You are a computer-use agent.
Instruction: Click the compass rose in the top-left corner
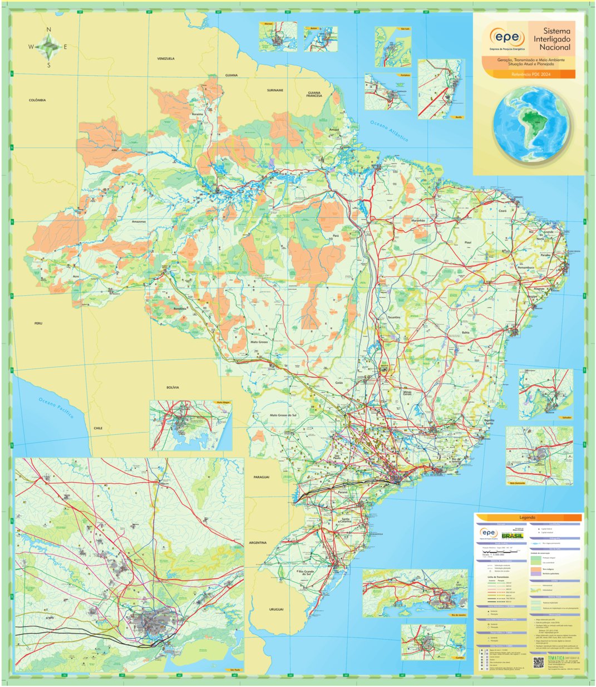48,47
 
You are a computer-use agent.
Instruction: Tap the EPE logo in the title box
507,38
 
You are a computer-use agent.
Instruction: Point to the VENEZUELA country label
166,58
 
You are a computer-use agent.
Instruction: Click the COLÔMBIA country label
37,100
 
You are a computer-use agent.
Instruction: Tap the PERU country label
38,323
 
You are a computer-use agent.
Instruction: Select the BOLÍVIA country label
172,387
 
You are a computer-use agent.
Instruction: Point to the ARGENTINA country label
258,542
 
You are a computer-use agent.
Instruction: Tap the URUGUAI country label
276,610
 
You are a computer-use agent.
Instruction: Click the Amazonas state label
139,222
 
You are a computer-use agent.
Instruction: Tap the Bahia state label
450,332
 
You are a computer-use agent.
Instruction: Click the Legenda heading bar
528,518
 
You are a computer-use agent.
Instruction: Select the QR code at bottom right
538,663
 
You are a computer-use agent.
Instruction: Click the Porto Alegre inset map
190,426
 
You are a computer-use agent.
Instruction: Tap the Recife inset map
440,89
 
